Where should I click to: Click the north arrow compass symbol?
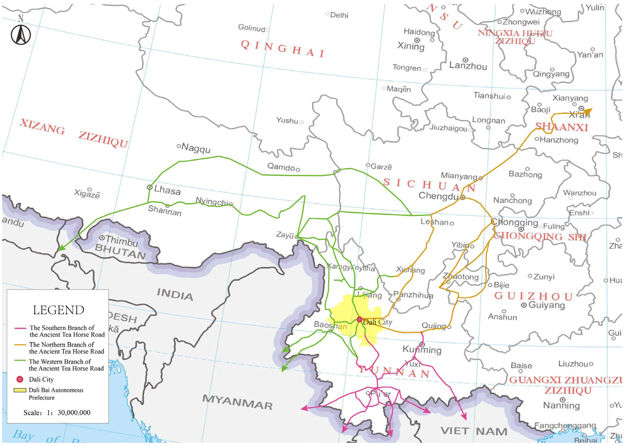point(21,35)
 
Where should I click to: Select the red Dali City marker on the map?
point(359,319)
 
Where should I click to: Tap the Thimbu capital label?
point(122,241)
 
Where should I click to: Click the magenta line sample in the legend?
point(20,328)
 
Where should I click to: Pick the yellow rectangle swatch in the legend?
point(20,390)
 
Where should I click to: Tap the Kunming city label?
point(422,350)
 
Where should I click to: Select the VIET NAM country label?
point(474,431)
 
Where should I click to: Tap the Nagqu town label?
point(196,148)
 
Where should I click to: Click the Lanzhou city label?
point(468,66)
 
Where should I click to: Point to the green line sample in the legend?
point(20,360)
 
